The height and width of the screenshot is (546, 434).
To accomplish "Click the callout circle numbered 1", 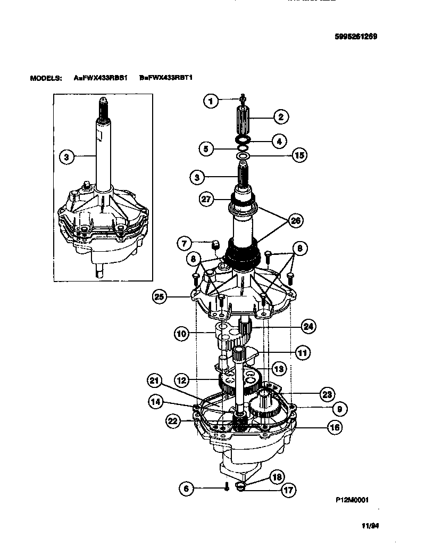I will tap(211, 101).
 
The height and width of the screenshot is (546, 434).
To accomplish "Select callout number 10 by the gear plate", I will tap(181, 334).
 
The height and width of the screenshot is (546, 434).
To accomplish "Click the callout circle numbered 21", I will tap(154, 381).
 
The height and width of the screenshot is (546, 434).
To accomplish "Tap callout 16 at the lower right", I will tap(335, 427).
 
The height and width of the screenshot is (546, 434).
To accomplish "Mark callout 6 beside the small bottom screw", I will tap(186, 488).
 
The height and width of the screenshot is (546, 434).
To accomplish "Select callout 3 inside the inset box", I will tap(66, 156).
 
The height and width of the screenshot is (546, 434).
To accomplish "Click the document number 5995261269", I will tap(355, 37).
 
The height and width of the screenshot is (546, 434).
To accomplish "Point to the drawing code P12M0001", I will tap(352, 500).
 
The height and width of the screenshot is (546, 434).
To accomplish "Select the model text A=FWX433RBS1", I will tap(101, 78).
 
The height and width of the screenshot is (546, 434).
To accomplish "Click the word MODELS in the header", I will tap(46, 78).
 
